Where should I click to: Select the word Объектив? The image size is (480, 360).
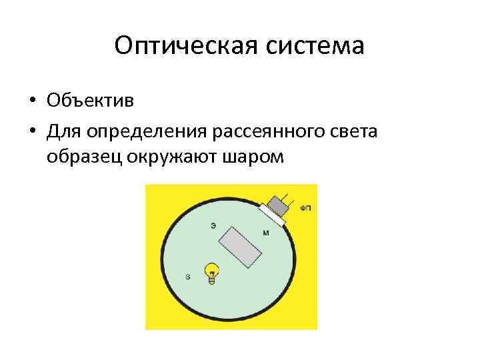tap(90, 101)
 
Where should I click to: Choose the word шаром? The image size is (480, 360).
tap(256, 158)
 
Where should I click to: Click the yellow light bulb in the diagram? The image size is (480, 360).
tap(212, 272)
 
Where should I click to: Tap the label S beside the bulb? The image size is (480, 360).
tap(187, 276)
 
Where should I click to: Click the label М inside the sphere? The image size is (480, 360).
tap(266, 233)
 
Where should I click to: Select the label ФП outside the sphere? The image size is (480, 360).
tap(305, 208)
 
